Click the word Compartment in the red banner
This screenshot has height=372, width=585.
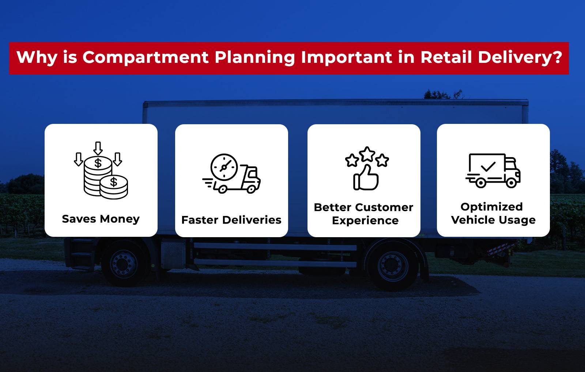pyautogui.click(x=146, y=57)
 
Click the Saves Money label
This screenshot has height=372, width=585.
pyautogui.click(x=101, y=219)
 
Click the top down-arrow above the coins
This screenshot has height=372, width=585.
pyautogui.click(x=98, y=148)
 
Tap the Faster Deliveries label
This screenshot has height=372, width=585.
pyautogui.click(x=231, y=220)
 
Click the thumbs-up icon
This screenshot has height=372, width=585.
pyautogui.click(x=366, y=178)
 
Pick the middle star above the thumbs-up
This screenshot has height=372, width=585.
pyautogui.click(x=367, y=154)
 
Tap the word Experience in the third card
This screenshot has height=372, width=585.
pyautogui.click(x=365, y=220)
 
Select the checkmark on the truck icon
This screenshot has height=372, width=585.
pyautogui.click(x=488, y=167)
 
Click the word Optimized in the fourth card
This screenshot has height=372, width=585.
pyautogui.click(x=491, y=206)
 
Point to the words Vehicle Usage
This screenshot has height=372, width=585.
pyautogui.click(x=493, y=220)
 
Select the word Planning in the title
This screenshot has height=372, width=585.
pyautogui.click(x=254, y=57)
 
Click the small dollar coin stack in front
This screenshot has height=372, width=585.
pyautogui.click(x=114, y=187)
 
